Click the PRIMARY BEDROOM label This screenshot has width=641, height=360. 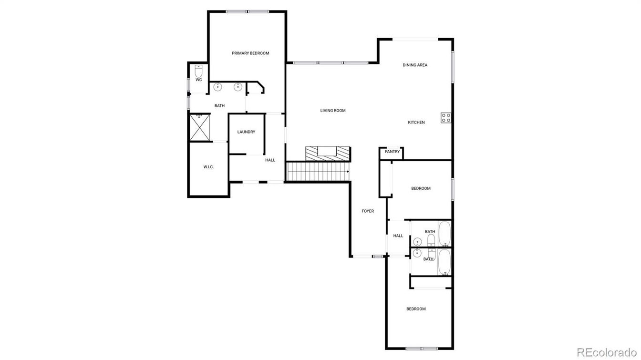tap(250, 53)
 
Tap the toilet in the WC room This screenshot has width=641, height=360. tap(199, 71)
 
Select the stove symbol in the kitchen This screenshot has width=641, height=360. tap(446, 118)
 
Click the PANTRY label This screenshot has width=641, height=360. tap(392, 152)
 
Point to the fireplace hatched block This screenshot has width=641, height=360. tap(328, 154)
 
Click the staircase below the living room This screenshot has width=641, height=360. tap(317, 172)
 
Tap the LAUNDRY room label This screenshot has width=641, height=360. tap(246, 132)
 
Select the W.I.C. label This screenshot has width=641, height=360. tap(208, 167)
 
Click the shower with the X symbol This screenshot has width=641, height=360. tap(200, 127)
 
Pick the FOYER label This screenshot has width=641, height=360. tap(368, 211)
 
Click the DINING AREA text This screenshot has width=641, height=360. tap(415, 65)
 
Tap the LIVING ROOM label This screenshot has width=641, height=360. tap(333, 111)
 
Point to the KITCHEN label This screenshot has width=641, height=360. tap(416, 123)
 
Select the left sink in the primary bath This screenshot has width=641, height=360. tap(218, 87)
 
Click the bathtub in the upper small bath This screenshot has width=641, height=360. tap(445, 233)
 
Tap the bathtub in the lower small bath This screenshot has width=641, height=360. tap(445, 262)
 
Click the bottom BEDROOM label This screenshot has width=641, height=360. tap(416, 309)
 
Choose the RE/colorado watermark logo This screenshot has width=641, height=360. tap(606, 352)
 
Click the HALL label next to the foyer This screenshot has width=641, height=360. tap(398, 236)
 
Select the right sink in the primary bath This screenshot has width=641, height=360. tap(238, 87)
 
